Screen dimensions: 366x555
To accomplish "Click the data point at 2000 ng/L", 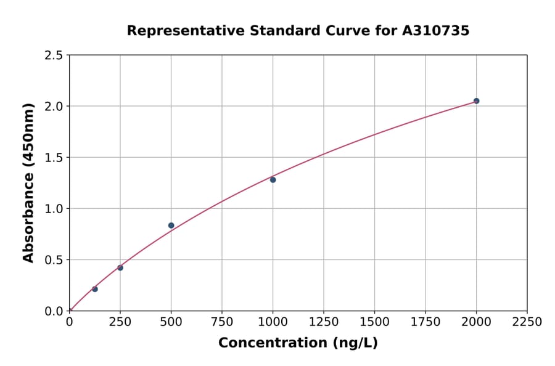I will tap(476, 101).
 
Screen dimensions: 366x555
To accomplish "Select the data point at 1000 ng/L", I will tap(273, 180).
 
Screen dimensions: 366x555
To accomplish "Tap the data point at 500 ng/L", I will tap(171, 226).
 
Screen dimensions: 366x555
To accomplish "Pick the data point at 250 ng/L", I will tap(120, 267).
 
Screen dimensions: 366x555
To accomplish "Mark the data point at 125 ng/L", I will tap(95, 289).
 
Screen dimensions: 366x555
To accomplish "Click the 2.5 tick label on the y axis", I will tap(54, 55).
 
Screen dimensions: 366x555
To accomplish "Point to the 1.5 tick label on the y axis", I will tap(54, 158).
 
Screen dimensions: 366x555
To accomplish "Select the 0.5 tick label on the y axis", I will tap(54, 260).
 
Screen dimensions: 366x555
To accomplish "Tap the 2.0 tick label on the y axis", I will tap(54, 107).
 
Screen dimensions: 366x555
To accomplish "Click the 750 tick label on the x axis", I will tap(222, 322).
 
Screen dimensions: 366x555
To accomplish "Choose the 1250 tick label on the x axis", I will tap(324, 322).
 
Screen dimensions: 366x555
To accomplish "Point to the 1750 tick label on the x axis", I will tap(425, 322).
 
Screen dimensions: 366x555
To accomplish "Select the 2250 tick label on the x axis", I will tap(527, 322).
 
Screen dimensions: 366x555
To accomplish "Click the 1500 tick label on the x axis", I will tap(374, 322).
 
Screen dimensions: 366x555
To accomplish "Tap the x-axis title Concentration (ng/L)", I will tap(298, 343).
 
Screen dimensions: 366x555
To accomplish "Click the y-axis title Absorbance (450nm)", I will tap(28, 183).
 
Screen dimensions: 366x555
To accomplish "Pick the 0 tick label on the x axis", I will tap(70, 322).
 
